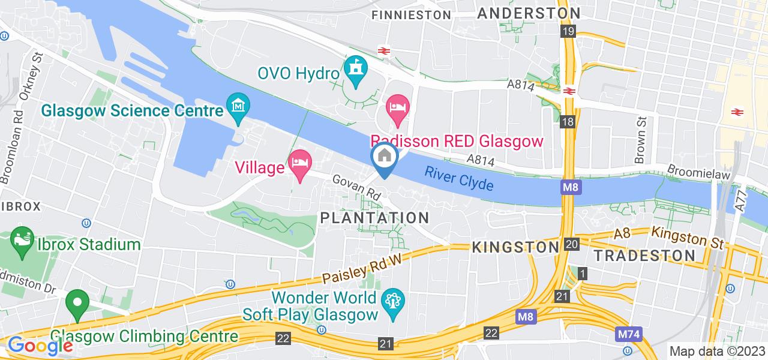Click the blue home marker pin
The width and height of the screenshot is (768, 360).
pos(383,158)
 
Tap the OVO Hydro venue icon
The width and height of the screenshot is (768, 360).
pos(357,72)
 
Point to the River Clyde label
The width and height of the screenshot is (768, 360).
pos(459,178)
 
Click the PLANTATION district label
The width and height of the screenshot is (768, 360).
pos(375,218)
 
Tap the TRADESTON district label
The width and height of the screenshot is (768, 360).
pos(644,255)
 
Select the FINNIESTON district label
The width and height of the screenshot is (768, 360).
pos(411,14)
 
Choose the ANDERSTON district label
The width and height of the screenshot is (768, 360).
pos(529,13)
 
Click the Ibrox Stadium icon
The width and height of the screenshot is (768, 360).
pos(22,244)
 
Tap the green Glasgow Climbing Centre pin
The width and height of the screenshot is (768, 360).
pos(76,304)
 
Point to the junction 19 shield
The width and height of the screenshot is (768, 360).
pos(568,31)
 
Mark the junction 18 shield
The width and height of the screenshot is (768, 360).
pos(568,122)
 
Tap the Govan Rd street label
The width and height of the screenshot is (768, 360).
pos(357,188)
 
